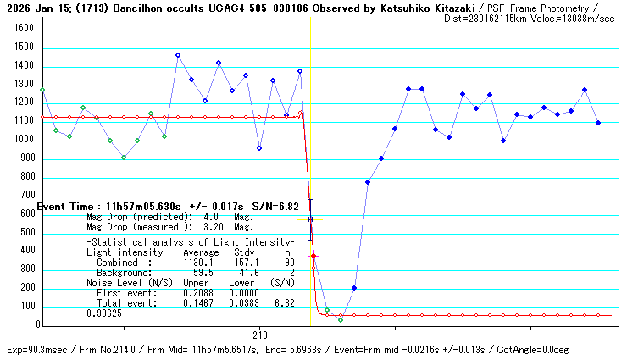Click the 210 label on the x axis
[x=259, y=335]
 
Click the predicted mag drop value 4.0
[x=211, y=216]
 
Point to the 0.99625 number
[x=103, y=313]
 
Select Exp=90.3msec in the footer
[x=36, y=350]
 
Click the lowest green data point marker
[x=341, y=320]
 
